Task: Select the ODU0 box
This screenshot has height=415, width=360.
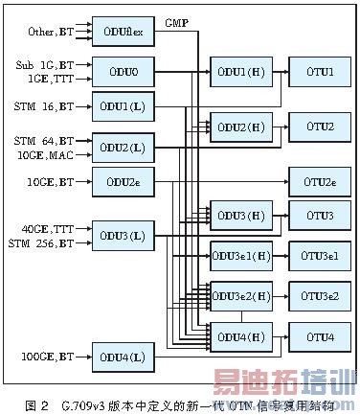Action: coord(121,70)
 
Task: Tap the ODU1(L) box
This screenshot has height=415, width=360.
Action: coord(121,105)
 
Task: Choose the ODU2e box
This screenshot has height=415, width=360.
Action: coord(121,179)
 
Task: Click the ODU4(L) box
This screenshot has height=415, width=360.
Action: coord(121,357)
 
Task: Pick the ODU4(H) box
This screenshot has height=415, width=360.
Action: coord(240,336)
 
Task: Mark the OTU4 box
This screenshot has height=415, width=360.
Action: coord(319,336)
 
